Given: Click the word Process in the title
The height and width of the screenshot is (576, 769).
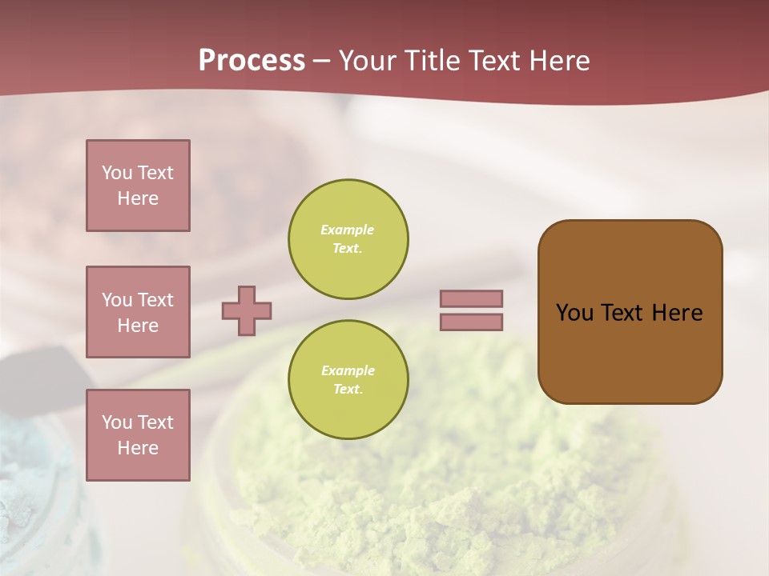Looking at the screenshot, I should (252, 61).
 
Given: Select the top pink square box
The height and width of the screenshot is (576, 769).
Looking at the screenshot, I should (138, 186).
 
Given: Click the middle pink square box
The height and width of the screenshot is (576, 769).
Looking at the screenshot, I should (138, 312).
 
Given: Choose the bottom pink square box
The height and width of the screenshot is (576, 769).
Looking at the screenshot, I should (138, 434).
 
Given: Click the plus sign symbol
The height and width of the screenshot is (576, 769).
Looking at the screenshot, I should (247, 310).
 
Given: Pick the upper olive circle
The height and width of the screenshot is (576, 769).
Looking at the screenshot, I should (348, 239).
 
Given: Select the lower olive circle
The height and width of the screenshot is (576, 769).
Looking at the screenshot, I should (348, 380).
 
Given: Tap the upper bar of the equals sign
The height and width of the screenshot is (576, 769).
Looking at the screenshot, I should (471, 298).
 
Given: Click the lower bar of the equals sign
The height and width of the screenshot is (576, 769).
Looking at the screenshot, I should (471, 322).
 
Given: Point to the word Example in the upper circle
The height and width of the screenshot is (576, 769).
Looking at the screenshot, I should (347, 230).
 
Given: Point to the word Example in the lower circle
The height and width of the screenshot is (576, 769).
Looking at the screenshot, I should (348, 370).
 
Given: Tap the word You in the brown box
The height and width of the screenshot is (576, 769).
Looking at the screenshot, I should (574, 313).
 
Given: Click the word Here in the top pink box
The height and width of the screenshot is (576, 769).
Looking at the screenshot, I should (138, 198).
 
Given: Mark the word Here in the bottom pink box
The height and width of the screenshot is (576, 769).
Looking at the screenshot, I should (138, 448).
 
